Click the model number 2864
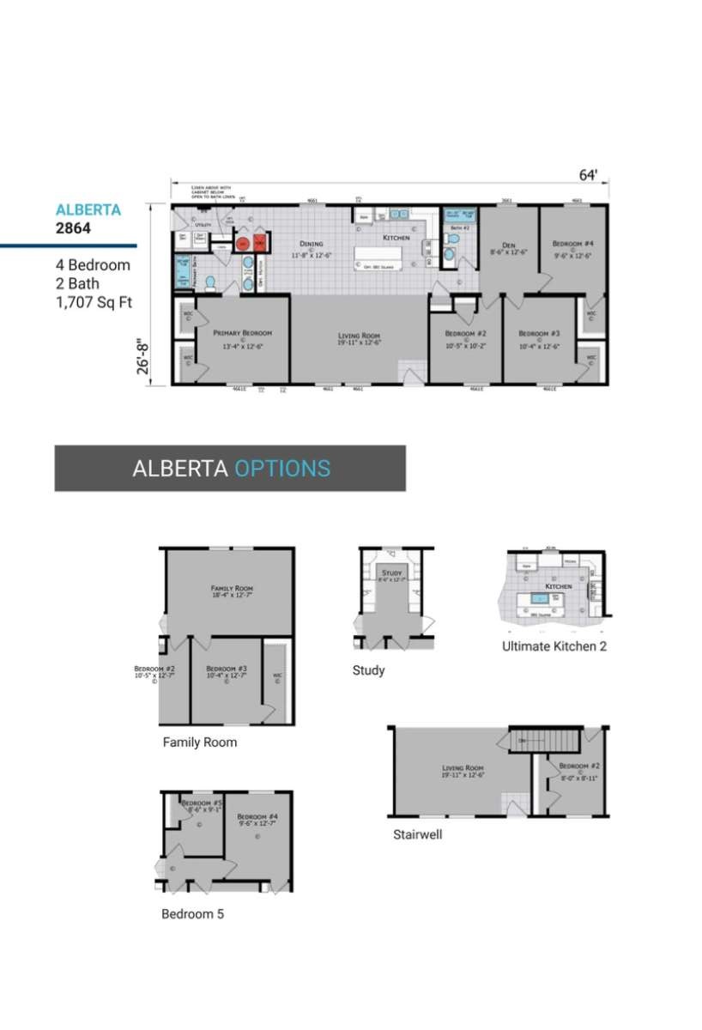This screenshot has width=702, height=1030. coord(73,228)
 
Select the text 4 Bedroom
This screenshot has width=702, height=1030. coord(93,264)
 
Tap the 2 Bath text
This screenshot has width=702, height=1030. coord(77,283)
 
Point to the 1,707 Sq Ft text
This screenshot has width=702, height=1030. coord(94,302)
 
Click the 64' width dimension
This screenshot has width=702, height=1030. coord(588,175)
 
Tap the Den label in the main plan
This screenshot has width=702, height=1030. coord(507,244)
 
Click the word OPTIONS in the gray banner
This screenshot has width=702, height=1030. coord(282,469)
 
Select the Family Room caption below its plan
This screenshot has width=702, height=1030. coord(200,742)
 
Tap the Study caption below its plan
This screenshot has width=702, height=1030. coord(368,670)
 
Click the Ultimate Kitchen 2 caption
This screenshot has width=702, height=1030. coord(554,646)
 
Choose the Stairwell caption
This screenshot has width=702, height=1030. coord(418,833)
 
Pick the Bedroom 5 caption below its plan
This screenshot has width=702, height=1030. coord(192,914)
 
